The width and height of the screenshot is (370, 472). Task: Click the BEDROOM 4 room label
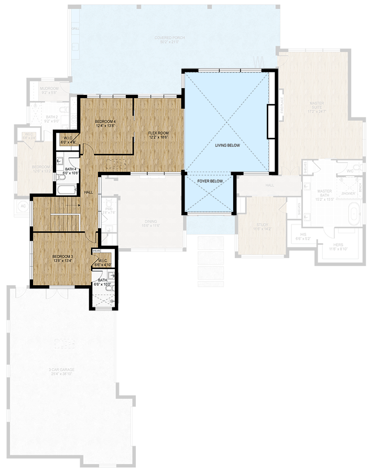[x=105, y=121]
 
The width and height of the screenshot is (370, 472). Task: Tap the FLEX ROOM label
[x=158, y=133]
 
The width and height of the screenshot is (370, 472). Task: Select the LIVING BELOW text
[x=227, y=145]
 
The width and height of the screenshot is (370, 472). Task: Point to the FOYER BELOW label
[x=210, y=181]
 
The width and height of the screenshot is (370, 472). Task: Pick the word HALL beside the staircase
[x=89, y=192]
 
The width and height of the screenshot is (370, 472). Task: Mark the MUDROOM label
[x=50, y=89]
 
